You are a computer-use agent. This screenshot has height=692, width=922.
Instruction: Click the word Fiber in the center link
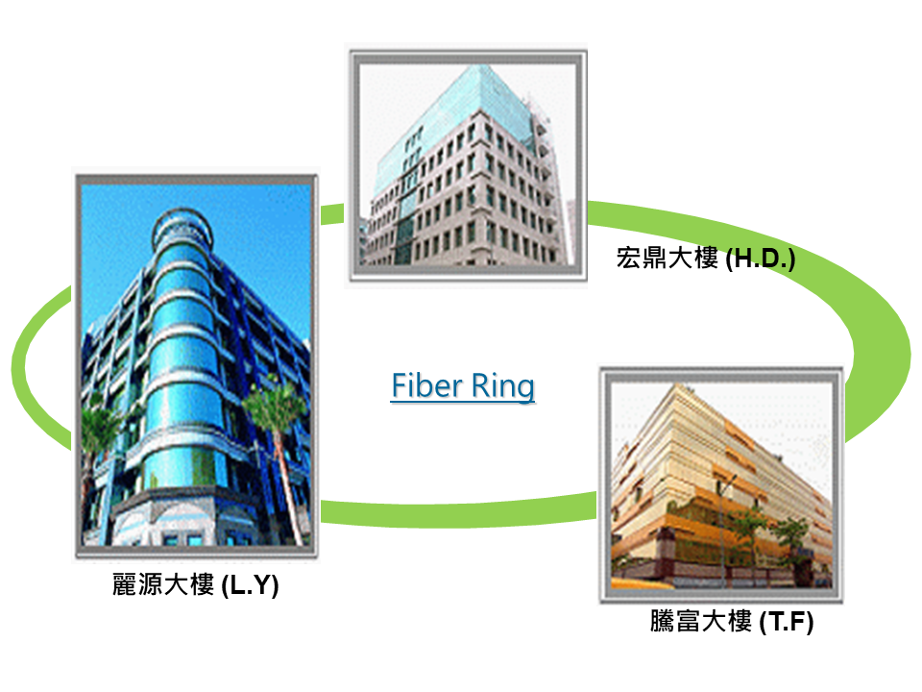(x=426, y=386)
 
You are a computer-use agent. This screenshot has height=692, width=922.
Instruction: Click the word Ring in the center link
(x=502, y=388)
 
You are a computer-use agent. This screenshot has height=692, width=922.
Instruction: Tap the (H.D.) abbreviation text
(x=761, y=259)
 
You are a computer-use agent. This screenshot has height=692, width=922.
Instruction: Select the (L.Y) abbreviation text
(x=250, y=585)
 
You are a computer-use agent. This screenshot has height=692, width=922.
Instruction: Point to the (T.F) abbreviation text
(x=787, y=622)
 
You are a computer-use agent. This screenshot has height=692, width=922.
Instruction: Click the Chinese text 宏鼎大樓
(x=667, y=258)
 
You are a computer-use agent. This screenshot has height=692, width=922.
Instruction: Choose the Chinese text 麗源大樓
(x=163, y=584)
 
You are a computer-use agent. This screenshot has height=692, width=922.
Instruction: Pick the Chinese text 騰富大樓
(x=701, y=621)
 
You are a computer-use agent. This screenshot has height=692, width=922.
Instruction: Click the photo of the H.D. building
(x=468, y=164)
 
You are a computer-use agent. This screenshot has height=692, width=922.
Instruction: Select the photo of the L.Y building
(x=196, y=365)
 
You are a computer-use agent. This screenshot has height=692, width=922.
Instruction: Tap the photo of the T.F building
(x=721, y=485)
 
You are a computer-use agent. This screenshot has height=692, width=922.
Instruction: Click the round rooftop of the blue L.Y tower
(x=182, y=227)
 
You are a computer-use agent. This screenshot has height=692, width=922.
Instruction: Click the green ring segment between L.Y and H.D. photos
(x=332, y=213)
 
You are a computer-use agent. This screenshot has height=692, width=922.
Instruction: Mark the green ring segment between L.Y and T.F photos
(x=459, y=512)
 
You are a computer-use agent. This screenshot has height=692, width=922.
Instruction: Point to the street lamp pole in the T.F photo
(x=722, y=530)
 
